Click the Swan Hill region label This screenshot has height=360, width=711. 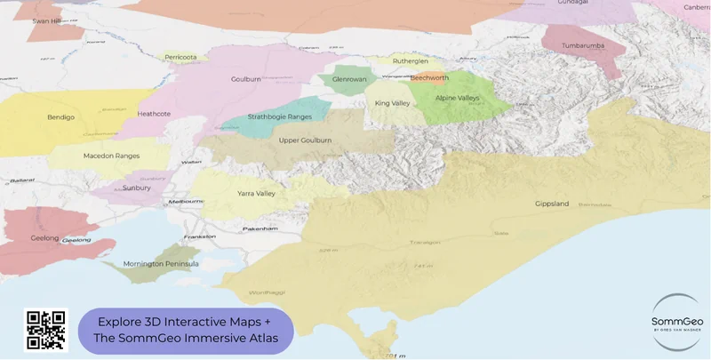pos(46,20)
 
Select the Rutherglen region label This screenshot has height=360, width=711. pos(410,61)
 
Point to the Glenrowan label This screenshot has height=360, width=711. pos(349,79)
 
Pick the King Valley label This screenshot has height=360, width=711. pos(392,103)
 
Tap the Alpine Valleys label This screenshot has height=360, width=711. pos(457,99)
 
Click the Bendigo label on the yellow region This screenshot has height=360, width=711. pos(60,116)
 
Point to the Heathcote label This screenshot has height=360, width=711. pos(154,114)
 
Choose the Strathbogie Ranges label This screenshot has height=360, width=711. pos(280,116)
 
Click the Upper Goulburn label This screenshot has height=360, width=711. pos(305,140)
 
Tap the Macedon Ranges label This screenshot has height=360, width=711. pos(111,156)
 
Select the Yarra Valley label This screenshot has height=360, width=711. pos(256,193)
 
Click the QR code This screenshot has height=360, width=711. pos(45,330)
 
